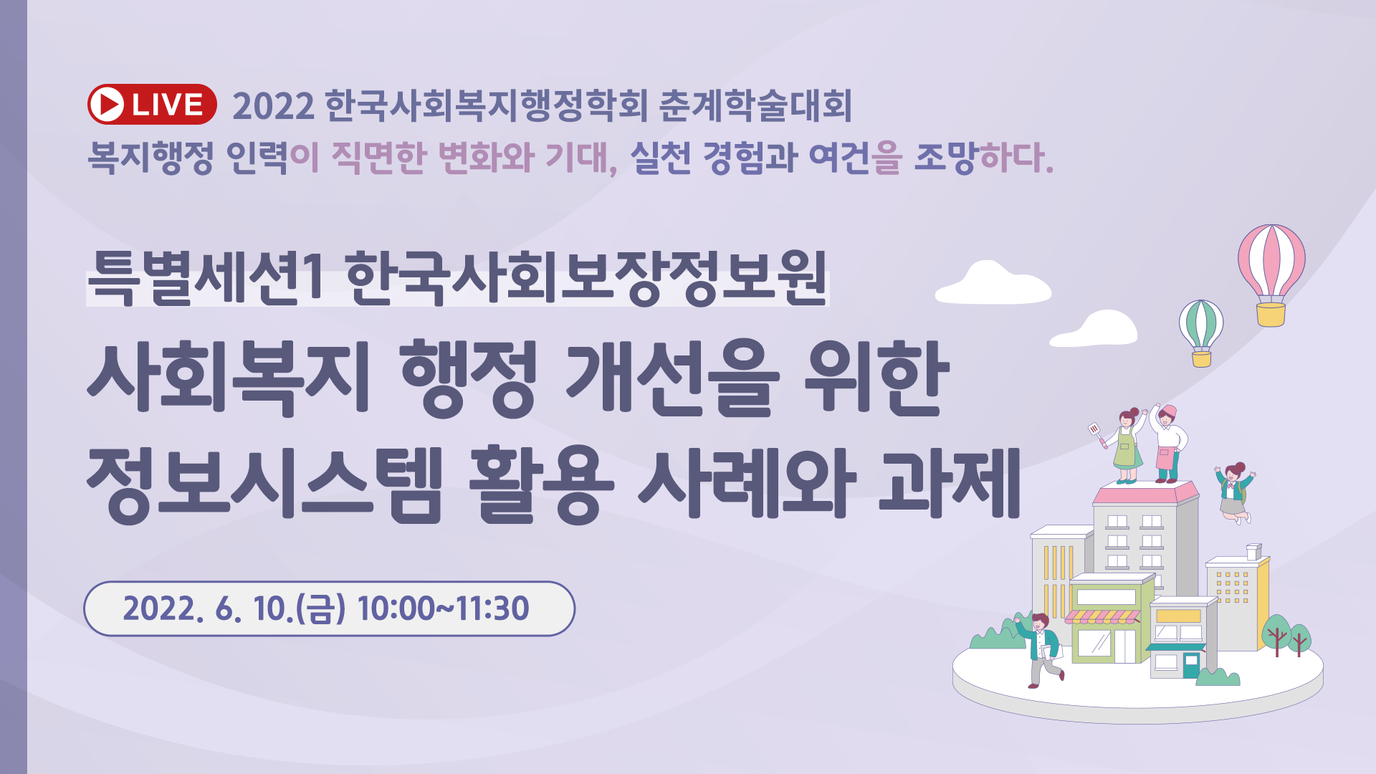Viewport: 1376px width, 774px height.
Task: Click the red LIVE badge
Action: click(x=152, y=105)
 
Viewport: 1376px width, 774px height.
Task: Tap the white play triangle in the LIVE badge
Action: click(x=110, y=105)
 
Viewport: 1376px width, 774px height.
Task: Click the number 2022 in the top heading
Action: click(x=273, y=106)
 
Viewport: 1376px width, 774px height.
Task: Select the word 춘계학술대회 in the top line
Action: click(x=755, y=105)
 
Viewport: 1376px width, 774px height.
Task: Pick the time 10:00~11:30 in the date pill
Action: click(x=443, y=608)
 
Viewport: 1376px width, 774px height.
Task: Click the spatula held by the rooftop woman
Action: click(x=1096, y=434)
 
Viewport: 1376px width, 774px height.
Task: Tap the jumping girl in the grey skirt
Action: click(x=1234, y=492)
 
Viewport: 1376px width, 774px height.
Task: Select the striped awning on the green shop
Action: click(x=1102, y=616)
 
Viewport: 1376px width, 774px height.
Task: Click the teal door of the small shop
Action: click(x=1191, y=665)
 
